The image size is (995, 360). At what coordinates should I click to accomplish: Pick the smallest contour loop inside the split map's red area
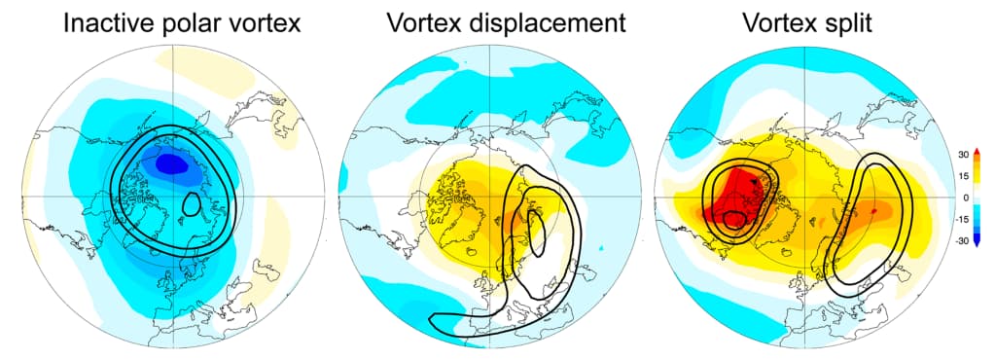(x=734, y=219)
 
